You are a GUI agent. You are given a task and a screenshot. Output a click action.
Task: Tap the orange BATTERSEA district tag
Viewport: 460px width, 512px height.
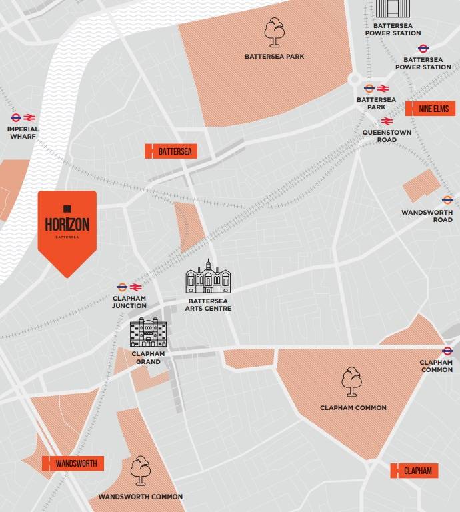click(171, 151)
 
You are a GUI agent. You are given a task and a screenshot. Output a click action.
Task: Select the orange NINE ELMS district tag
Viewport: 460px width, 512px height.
click(430, 108)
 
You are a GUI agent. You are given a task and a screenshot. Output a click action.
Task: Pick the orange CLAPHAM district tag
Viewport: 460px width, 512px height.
click(414, 471)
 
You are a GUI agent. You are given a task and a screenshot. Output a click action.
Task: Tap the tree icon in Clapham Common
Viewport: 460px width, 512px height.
click(353, 382)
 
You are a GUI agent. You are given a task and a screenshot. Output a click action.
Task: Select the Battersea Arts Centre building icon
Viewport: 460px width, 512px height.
click(208, 277)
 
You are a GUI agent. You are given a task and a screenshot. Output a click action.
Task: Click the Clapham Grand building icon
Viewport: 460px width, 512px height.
click(147, 333)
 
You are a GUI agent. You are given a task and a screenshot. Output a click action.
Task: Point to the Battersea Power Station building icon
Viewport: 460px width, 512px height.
click(393, 9)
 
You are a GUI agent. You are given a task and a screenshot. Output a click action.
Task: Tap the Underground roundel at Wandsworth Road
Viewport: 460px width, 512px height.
click(447, 200)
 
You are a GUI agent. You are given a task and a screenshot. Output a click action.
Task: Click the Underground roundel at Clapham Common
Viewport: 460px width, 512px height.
click(447, 351)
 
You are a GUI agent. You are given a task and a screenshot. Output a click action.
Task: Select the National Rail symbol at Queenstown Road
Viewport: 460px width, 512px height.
click(386, 121)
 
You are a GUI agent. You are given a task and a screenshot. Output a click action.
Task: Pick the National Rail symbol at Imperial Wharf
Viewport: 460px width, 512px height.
click(30, 117)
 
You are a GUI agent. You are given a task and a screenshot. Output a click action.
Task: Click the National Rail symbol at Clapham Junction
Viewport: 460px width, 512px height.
click(135, 287)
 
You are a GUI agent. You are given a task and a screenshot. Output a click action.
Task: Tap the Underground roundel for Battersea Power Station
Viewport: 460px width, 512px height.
click(423, 48)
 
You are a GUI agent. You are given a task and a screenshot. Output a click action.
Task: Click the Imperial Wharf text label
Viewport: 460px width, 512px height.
click(23, 133)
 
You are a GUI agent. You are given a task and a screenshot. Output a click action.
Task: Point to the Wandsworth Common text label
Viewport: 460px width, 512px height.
click(140, 497)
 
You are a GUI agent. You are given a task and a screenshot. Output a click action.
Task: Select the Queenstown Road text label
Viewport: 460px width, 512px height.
click(379, 136)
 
